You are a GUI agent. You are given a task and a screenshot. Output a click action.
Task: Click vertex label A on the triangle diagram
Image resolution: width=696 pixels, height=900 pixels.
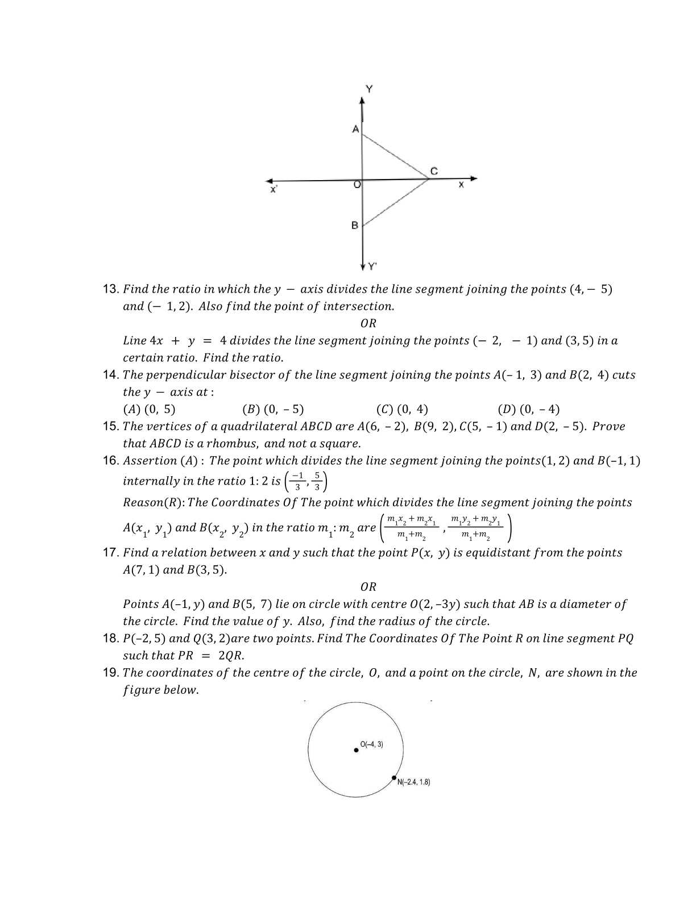[x=356, y=129]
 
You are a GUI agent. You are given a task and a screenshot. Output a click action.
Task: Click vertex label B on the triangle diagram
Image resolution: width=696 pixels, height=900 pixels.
[x=355, y=225]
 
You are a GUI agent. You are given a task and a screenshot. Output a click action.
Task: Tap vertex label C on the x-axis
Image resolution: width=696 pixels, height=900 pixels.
[x=433, y=171]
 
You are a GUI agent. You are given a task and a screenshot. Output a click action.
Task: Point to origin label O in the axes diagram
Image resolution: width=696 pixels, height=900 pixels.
[x=357, y=185]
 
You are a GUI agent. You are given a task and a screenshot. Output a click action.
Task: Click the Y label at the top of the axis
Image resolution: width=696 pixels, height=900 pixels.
[x=370, y=89]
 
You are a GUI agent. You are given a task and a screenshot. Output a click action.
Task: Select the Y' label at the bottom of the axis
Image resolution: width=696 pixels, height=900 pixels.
[x=373, y=266]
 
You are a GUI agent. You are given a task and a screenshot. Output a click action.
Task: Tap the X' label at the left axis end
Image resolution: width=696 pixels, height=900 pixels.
[x=274, y=190]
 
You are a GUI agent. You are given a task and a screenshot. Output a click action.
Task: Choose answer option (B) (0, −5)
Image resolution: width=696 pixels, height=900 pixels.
[x=273, y=409]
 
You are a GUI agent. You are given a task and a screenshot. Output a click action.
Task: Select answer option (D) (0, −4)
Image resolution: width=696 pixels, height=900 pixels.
[x=528, y=409]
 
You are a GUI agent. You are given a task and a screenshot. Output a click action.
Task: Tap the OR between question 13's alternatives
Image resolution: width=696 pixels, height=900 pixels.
[x=368, y=323]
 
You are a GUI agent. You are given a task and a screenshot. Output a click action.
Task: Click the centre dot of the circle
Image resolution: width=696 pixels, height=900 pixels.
[x=357, y=750]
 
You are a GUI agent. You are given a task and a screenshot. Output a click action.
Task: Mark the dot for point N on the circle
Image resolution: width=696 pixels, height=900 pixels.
[x=394, y=778]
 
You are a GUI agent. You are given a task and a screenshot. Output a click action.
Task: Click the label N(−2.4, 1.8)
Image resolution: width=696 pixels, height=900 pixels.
[x=413, y=782]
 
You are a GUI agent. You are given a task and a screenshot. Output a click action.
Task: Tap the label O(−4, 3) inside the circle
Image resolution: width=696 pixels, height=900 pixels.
[x=372, y=744]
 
